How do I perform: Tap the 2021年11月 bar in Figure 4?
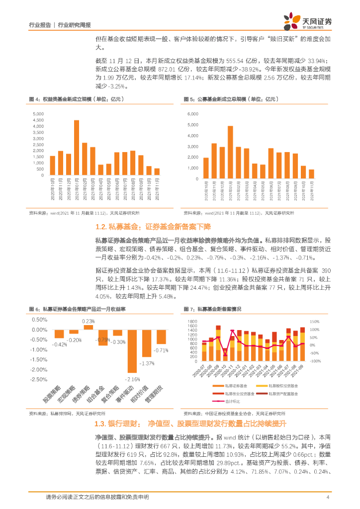point(157,171)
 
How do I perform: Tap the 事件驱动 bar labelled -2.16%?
point(132,351)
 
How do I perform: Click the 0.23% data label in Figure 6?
point(89,322)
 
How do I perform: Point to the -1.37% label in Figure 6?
point(147,363)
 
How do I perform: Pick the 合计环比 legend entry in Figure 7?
point(229,401)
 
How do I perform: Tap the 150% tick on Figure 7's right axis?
point(314,322)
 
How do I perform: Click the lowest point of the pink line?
point(225,355)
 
